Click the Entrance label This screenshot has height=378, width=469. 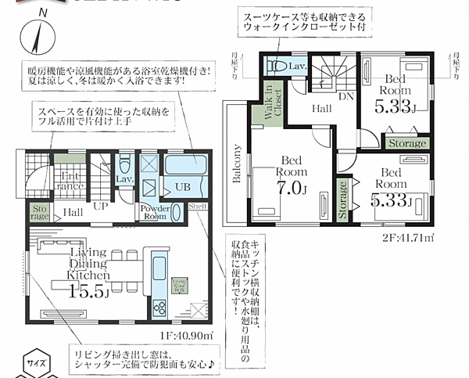[71, 182]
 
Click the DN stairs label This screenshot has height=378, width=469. [344, 95]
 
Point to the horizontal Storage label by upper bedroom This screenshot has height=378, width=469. [406, 143]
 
